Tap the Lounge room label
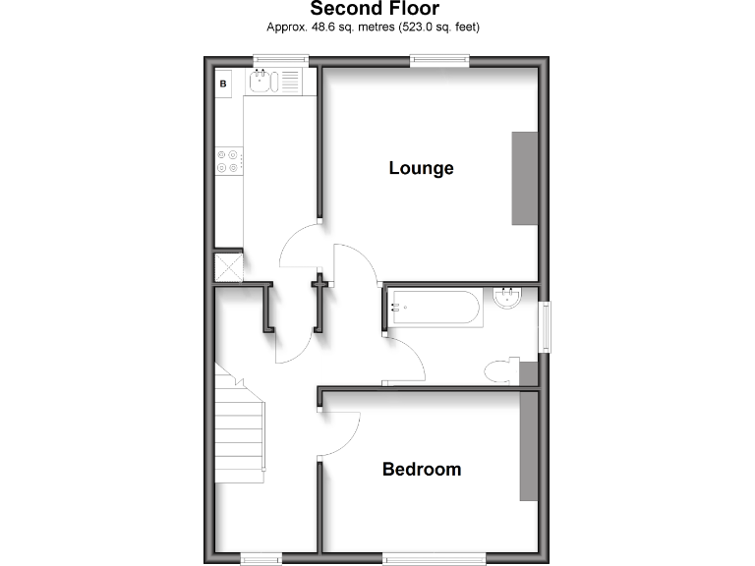point(421,168)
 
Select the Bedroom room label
point(421,470)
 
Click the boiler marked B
point(223,84)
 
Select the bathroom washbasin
point(508,297)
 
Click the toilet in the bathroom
point(502,370)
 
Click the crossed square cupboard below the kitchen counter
point(228,267)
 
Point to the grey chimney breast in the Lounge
point(524,178)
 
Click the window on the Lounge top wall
point(439,61)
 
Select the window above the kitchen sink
point(280,61)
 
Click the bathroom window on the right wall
point(545,326)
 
